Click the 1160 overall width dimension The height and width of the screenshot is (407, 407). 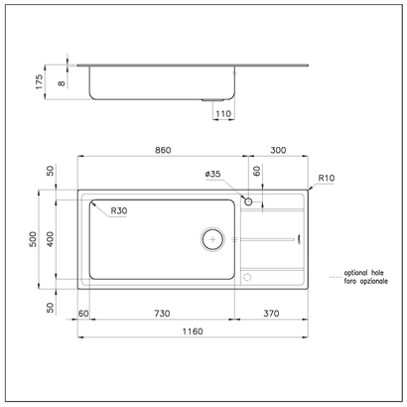coord(192,331)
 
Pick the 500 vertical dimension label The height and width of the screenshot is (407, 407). coord(34,239)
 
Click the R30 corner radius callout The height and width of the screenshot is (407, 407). coord(118,210)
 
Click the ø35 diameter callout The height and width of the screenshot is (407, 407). coord(212,174)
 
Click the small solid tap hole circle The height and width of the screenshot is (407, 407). coord(248,204)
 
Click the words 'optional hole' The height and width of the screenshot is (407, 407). coord(362,272)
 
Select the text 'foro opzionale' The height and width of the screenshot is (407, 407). coord(362,281)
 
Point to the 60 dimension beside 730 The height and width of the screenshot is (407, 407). coord(83,313)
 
